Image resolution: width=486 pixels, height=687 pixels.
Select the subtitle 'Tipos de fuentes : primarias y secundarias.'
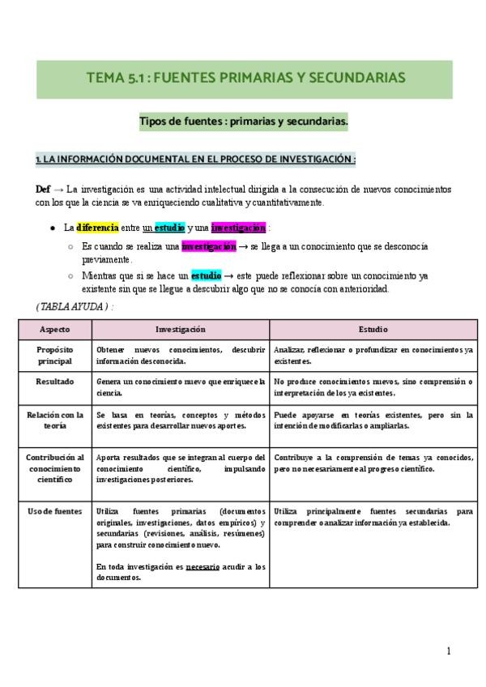pyautogui.click(x=243, y=122)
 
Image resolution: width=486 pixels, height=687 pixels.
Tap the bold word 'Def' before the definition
pyautogui.click(x=44, y=189)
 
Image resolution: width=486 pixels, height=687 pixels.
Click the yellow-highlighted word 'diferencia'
pyautogui.click(x=97, y=228)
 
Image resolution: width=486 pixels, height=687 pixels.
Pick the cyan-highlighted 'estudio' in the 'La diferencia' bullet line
pyautogui.click(x=169, y=228)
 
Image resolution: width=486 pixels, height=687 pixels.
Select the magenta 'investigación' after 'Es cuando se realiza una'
pyautogui.click(x=209, y=245)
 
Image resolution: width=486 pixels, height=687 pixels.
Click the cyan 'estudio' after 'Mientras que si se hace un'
pyautogui.click(x=206, y=275)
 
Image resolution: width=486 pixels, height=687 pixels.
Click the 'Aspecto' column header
pyautogui.click(x=54, y=330)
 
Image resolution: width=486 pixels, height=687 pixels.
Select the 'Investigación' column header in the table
pyautogui.click(x=181, y=330)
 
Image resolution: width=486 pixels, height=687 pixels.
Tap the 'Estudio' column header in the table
pyautogui.click(x=373, y=330)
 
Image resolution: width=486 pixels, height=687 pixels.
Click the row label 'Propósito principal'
pyautogui.click(x=54, y=355)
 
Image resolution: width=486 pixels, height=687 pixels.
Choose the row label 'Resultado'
pyautogui.click(x=54, y=381)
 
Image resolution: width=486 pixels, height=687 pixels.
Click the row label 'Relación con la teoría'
pyautogui.click(x=54, y=420)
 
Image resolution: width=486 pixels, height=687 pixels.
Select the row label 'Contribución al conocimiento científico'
pyautogui.click(x=54, y=468)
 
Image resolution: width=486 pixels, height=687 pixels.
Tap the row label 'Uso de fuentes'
pyautogui.click(x=54, y=512)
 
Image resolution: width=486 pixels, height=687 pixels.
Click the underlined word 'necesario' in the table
pyautogui.click(x=202, y=566)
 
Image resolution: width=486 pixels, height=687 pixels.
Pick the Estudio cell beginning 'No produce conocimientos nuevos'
pyautogui.click(x=373, y=386)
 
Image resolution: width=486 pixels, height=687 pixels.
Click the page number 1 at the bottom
pyautogui.click(x=448, y=651)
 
